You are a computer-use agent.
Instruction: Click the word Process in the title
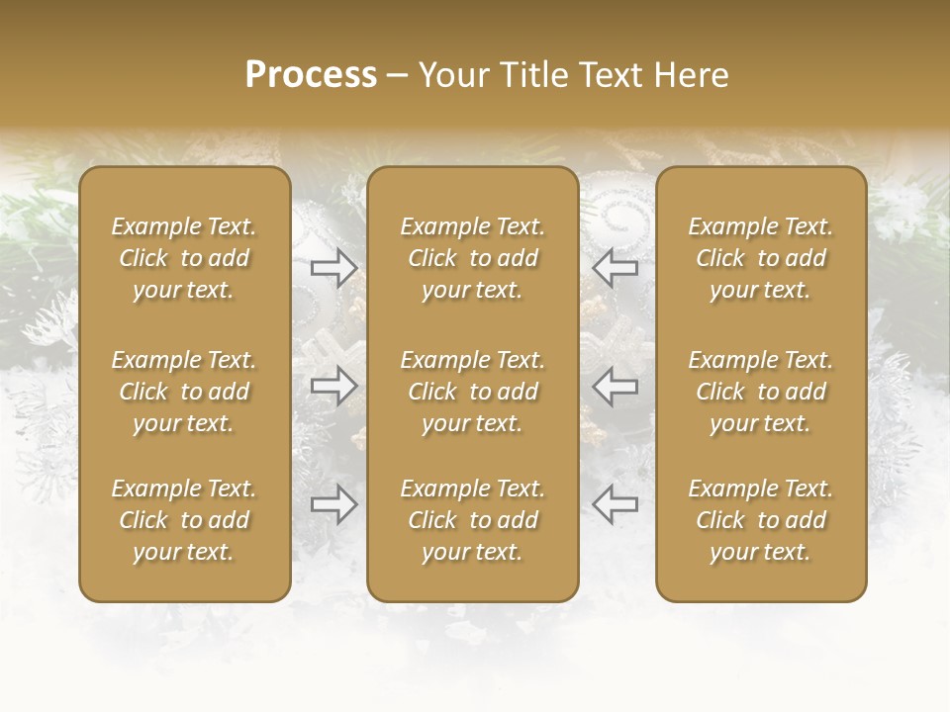click(x=311, y=75)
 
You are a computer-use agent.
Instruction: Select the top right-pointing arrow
click(x=333, y=267)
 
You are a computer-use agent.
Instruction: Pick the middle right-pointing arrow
click(x=333, y=387)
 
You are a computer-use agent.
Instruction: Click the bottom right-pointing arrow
click(x=333, y=504)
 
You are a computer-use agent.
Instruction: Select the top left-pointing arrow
click(x=615, y=267)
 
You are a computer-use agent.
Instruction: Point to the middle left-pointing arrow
click(x=615, y=387)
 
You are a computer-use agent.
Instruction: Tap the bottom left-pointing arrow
click(x=615, y=504)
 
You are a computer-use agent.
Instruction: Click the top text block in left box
click(x=184, y=258)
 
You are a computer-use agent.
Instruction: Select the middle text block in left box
click(x=184, y=392)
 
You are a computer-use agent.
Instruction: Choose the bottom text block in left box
click(x=184, y=520)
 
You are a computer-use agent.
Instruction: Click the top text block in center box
click(x=472, y=258)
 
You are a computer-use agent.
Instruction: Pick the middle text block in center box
click(x=472, y=392)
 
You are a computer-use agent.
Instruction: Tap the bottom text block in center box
click(x=472, y=520)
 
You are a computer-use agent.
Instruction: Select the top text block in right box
click(x=760, y=258)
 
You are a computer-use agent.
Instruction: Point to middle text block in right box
click(x=760, y=392)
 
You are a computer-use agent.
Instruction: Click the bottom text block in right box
click(x=760, y=520)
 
